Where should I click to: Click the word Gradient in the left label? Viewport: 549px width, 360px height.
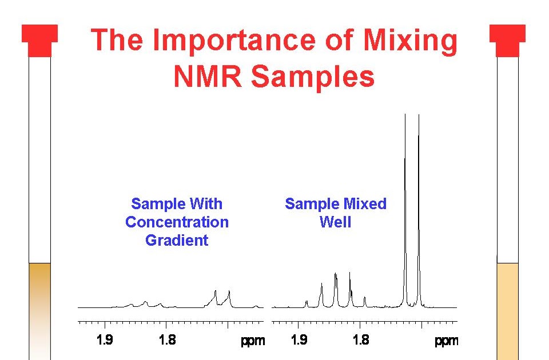tap(177, 241)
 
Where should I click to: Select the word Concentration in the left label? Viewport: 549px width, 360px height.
tap(177, 222)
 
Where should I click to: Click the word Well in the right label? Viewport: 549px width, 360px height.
tap(335, 222)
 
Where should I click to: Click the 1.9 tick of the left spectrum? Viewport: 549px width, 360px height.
tap(105, 341)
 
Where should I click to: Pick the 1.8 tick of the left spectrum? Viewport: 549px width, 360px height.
tap(166, 341)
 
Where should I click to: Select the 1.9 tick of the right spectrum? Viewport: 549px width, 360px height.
tap(299, 341)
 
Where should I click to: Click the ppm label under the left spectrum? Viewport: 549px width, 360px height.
tap(253, 341)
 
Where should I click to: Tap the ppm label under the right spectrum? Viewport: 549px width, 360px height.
tap(446, 341)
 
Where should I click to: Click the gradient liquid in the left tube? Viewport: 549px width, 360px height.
tap(39, 309)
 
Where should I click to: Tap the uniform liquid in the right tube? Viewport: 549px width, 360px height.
tap(507, 309)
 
